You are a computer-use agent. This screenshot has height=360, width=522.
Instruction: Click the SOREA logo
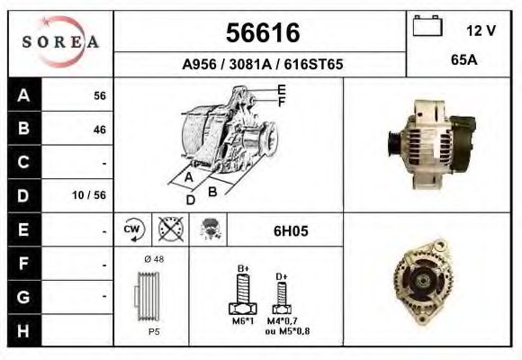pos(59,43)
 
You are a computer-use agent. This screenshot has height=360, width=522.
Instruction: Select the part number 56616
pos(261,33)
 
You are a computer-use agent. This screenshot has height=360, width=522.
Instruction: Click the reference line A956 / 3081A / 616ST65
pos(261,65)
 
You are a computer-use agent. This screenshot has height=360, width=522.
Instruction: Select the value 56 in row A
pos(99,96)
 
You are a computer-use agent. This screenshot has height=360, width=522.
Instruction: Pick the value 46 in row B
pos(99,130)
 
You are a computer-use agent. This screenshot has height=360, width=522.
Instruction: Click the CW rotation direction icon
pos(131,229)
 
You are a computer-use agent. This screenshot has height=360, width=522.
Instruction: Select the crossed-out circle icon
pos(168,229)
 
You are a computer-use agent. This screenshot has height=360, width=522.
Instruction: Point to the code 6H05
pos(291,230)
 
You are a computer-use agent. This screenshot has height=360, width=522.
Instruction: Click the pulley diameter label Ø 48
pos(152,259)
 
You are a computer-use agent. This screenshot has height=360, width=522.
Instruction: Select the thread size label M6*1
pos(243,321)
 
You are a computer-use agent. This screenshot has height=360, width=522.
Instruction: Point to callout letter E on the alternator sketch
pos(281,89)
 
